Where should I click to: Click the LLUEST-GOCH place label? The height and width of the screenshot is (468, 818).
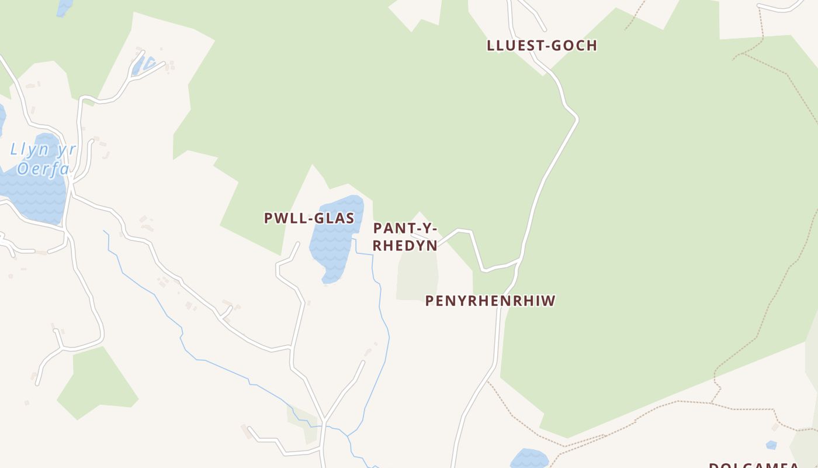pos(542,46)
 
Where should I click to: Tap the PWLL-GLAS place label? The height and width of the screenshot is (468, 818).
pos(309,218)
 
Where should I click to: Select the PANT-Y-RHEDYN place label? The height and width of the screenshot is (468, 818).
pos(405,237)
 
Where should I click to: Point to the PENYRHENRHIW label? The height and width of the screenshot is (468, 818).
pos(490,301)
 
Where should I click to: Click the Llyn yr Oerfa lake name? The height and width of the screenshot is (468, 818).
pos(43,159)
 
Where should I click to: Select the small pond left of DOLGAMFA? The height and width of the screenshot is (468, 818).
pos(529,458)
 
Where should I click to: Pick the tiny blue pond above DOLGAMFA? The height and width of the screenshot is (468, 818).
pos(771,445)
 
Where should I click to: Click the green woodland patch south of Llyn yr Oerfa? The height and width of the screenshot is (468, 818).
pos(96,383)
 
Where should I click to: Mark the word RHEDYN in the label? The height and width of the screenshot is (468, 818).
pos(405,246)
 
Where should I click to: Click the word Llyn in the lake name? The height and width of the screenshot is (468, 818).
pos(30,150)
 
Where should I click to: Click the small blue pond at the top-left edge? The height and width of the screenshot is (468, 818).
pos(64,7)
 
